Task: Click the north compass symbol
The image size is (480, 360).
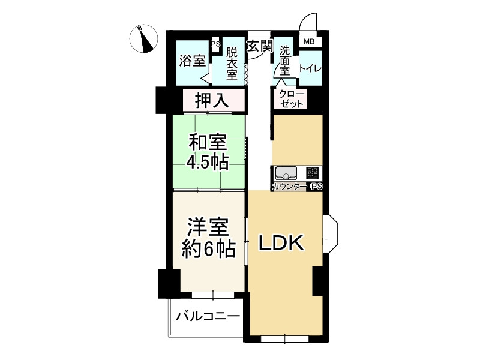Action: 143,39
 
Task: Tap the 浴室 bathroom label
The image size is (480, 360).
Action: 192,61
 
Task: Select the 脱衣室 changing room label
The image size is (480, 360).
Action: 232,64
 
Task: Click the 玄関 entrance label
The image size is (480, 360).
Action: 260,46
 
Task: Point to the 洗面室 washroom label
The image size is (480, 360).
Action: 284,61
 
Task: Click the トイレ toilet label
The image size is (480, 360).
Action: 310,68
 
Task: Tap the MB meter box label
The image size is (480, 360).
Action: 309,41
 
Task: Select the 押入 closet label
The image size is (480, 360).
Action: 212,100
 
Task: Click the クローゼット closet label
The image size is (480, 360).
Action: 292,99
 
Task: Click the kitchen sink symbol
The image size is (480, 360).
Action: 286,173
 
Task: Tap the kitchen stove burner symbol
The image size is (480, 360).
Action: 313,173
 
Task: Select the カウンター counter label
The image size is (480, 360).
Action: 289,187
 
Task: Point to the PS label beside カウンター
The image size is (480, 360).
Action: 317,187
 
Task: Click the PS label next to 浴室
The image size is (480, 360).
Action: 215,44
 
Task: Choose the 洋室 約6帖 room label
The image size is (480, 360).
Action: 208,237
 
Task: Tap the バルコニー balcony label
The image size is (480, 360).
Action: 208,316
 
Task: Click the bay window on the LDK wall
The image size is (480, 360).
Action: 331,233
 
